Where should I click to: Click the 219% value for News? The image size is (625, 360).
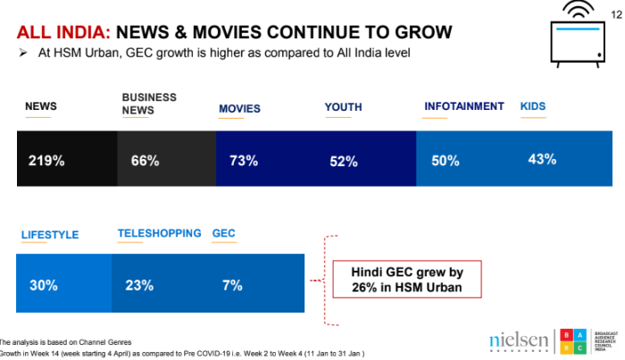pyautogui.click(x=46, y=162)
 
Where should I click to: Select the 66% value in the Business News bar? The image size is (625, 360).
pyautogui.click(x=145, y=162)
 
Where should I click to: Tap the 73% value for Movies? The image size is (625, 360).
pyautogui.click(x=243, y=162)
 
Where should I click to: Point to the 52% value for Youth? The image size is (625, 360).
pyautogui.click(x=343, y=162)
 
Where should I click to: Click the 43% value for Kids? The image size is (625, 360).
pyautogui.click(x=542, y=160)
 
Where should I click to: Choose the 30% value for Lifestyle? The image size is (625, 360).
pyautogui.click(x=44, y=286)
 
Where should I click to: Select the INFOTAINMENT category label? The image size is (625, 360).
pyautogui.click(x=463, y=106)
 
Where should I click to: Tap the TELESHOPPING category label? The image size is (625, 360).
pyautogui.click(x=159, y=233)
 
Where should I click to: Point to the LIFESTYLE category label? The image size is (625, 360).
pyautogui.click(x=50, y=235)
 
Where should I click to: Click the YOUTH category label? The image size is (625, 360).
pyautogui.click(x=344, y=107)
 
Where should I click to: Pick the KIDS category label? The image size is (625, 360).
pyautogui.click(x=533, y=106)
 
